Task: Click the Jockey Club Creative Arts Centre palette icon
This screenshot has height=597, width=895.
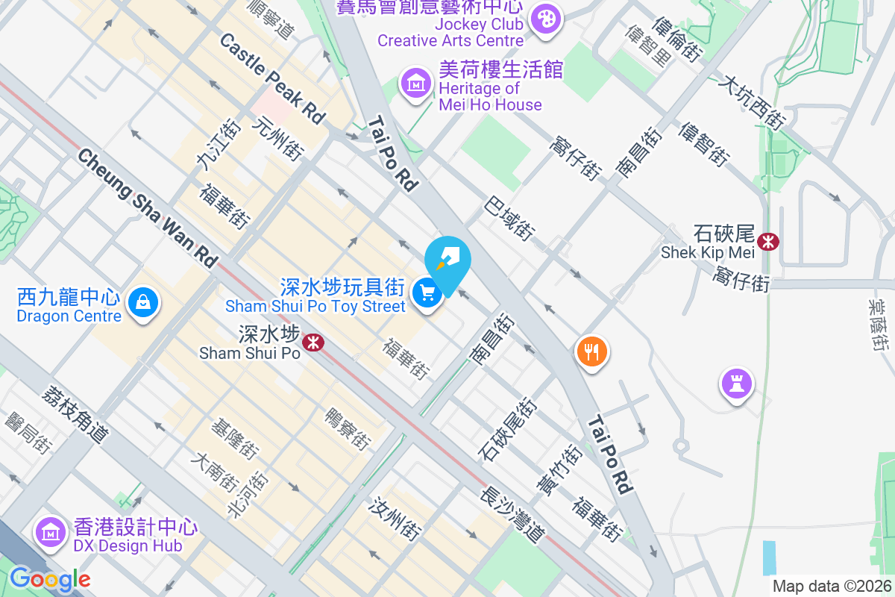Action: (x=548, y=19)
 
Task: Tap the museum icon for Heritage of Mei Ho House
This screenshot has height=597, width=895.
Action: (x=416, y=82)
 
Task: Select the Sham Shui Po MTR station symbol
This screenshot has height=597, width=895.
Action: (x=314, y=342)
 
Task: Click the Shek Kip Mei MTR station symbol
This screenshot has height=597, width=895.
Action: (x=767, y=241)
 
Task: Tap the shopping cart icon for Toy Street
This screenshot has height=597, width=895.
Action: (x=427, y=293)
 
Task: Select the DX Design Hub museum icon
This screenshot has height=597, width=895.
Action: (x=51, y=532)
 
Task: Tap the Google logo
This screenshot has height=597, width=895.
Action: (x=49, y=578)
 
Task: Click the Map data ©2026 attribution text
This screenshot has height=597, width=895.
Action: (x=831, y=586)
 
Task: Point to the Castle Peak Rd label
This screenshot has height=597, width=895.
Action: (x=273, y=78)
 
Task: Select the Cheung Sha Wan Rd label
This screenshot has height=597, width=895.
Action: (x=147, y=208)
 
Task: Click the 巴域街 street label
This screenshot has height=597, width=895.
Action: (x=509, y=218)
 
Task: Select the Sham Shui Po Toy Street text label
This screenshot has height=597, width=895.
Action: (x=315, y=306)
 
